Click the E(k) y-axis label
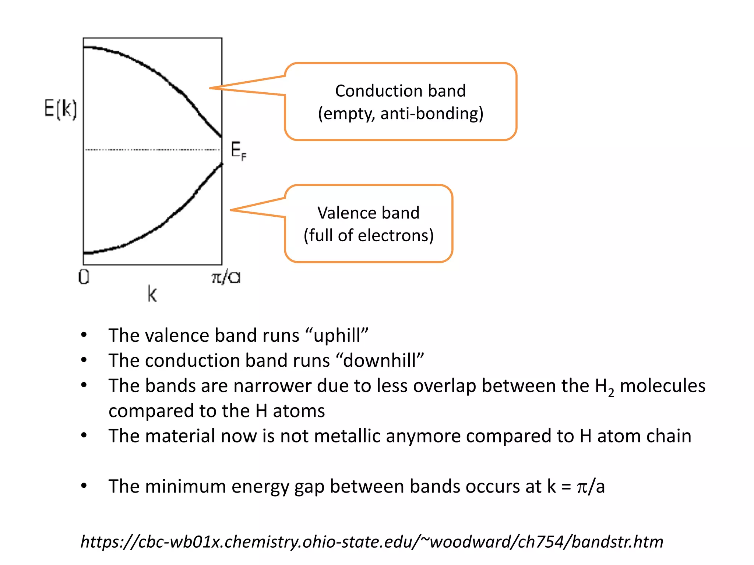coord(60,109)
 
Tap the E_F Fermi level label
coord(239,151)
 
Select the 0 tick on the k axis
coord(84,277)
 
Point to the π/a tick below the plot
coord(226,277)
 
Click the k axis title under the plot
coord(152,295)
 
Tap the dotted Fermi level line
coord(152,150)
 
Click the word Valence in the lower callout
coord(343,213)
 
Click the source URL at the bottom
coord(372,542)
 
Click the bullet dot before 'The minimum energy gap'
coord(84,486)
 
